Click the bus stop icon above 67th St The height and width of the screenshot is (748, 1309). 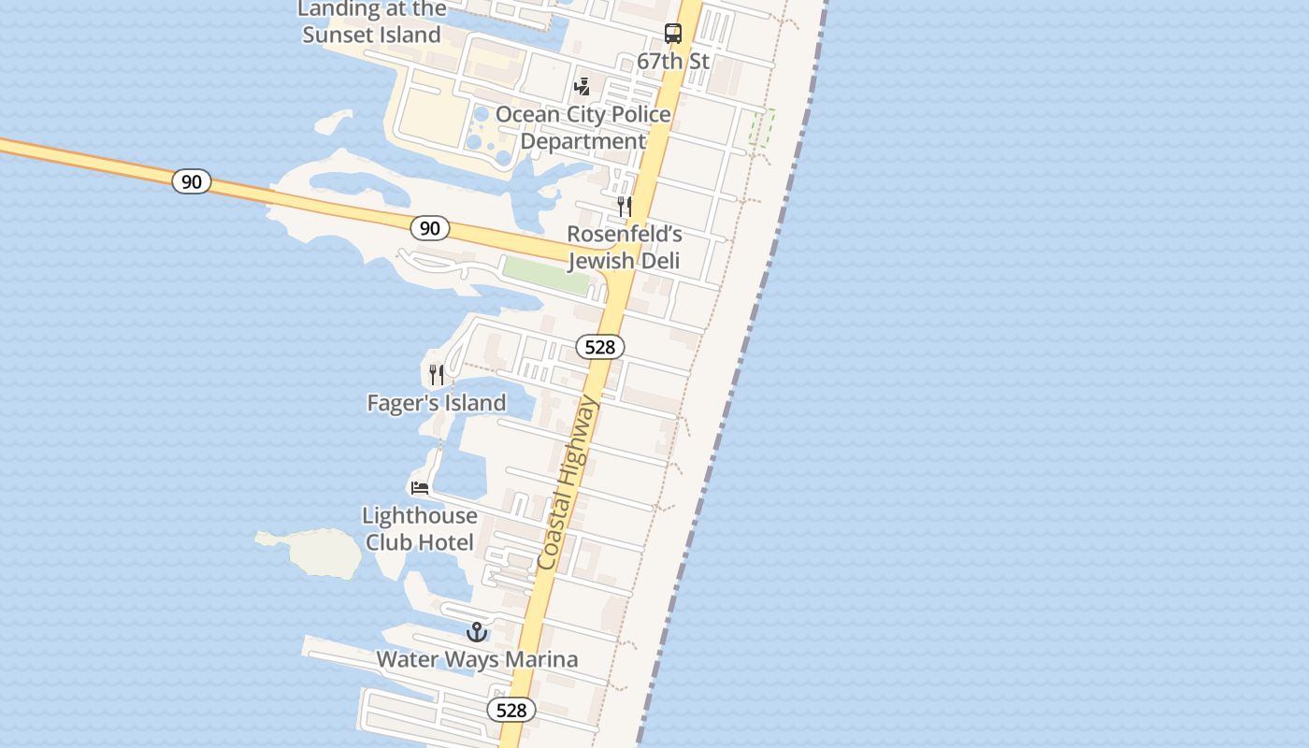tap(673, 34)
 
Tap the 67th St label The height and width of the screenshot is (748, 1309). tap(673, 62)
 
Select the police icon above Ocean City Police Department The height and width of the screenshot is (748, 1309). tap(583, 87)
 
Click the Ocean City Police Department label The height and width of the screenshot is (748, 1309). tap(583, 127)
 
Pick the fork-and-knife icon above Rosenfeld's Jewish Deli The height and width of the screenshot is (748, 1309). tap(624, 207)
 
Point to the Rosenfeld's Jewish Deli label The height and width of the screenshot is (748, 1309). tap(624, 247)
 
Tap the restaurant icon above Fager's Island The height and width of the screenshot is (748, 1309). tap(437, 375)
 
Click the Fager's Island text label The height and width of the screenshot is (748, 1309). tap(437, 403)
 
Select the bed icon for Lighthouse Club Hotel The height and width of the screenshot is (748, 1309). tap(420, 487)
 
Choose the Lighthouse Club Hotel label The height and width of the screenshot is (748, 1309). tap(420, 528)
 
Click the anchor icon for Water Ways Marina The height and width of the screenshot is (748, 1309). tap(477, 632)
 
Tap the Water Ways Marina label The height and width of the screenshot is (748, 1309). tap(477, 659)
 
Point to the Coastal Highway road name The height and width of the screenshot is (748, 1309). tap(567, 482)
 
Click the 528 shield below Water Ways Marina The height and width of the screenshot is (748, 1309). tap(511, 710)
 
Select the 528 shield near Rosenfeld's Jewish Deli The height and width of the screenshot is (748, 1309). tap(599, 347)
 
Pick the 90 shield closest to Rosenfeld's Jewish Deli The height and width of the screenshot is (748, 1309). tap(429, 227)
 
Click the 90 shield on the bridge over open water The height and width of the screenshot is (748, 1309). tap(192, 181)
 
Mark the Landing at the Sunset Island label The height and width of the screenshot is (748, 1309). tap(371, 22)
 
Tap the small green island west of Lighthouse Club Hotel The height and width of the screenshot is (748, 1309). tap(323, 552)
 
